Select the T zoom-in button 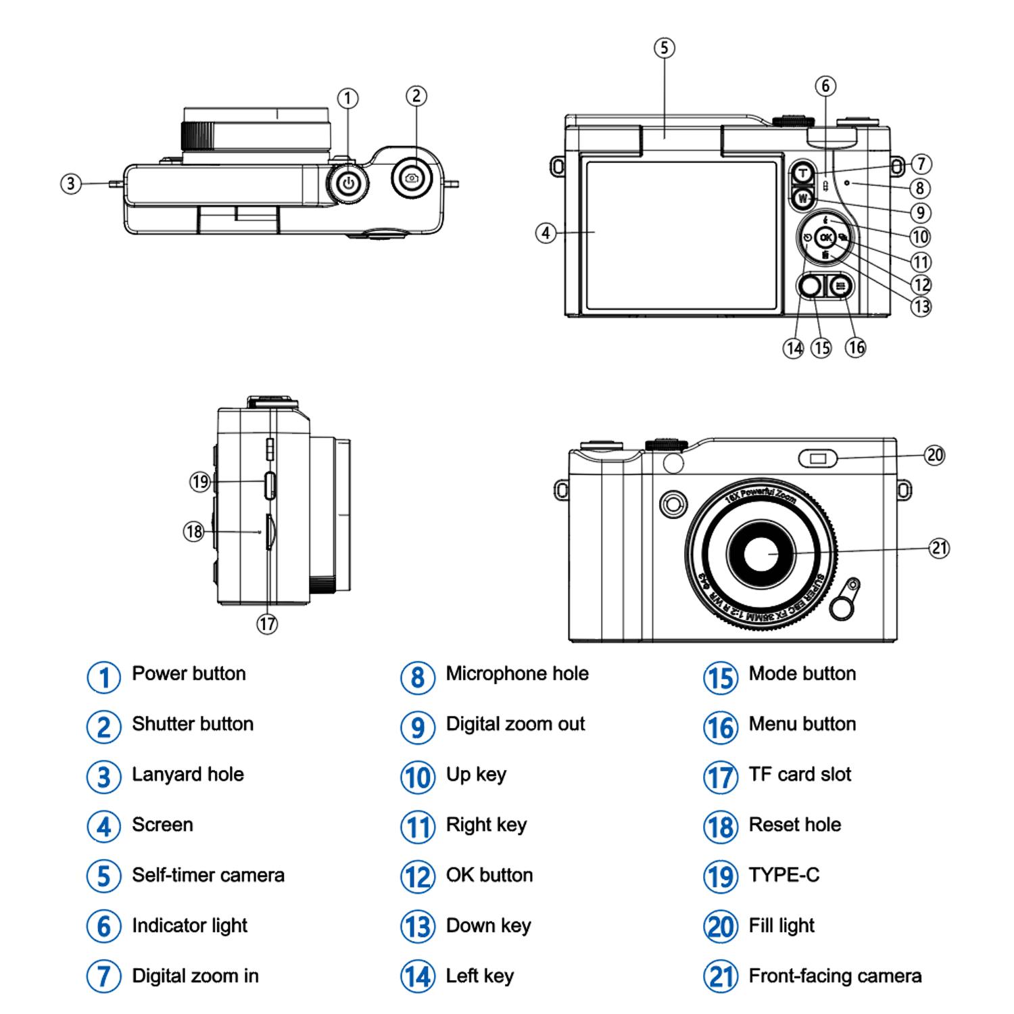802,174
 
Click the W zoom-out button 802,198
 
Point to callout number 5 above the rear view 664,48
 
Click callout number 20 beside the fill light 934,455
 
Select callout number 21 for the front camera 940,547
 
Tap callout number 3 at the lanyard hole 71,183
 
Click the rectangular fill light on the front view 818,459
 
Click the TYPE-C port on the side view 270,485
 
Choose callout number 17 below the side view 267,623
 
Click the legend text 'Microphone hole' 517,673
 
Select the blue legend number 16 720,727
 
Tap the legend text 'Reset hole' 795,825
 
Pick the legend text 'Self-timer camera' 208,875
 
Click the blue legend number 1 103,677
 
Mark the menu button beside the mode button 840,287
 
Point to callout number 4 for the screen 546,234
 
